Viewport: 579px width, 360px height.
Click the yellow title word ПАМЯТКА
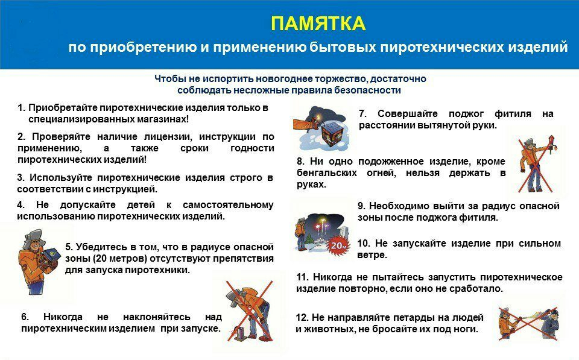318,24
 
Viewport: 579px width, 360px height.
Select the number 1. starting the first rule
22,108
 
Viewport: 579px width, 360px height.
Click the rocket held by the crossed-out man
551,144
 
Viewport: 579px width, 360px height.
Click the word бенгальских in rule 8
327,173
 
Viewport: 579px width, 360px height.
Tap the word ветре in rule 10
372,255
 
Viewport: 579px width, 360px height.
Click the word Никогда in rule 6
63,317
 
